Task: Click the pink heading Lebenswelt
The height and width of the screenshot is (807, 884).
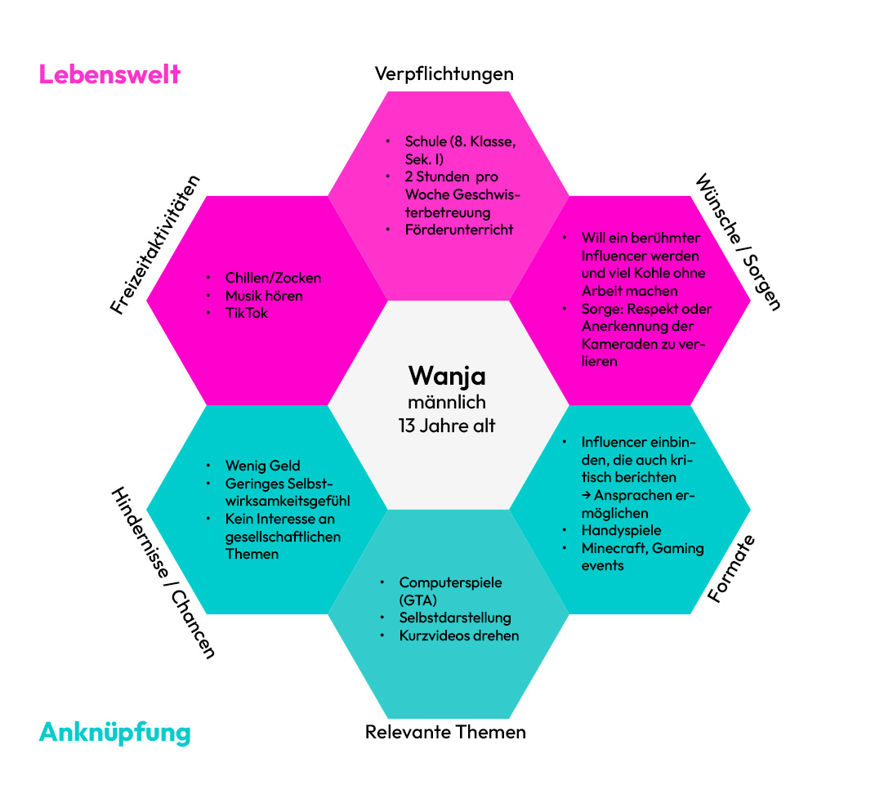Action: point(109,74)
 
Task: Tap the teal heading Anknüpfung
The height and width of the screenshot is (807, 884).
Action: point(114,732)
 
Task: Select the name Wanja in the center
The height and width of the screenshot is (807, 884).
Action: point(447,376)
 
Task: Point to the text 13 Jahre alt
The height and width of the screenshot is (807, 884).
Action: point(447,426)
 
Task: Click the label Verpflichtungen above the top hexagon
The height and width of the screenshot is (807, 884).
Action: point(444,74)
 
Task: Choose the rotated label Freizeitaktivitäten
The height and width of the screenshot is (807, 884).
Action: point(155,244)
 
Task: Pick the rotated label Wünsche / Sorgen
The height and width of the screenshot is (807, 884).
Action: point(739,242)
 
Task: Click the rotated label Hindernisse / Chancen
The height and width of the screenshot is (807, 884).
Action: point(163,574)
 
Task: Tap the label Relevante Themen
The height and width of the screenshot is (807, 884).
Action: point(445,732)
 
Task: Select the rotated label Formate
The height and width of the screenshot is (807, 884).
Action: point(730,568)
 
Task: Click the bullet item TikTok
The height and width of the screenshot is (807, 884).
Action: point(247,313)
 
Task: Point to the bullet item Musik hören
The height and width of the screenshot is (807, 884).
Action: point(264,296)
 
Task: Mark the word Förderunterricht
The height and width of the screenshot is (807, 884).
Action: point(459,230)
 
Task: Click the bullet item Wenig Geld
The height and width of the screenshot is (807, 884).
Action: point(263,466)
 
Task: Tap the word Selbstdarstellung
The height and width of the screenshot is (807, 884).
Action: point(454,618)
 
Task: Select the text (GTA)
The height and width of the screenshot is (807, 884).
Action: point(418,600)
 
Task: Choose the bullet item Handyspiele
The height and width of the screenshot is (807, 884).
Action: point(621,531)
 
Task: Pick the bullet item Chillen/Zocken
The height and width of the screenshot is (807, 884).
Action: point(273,278)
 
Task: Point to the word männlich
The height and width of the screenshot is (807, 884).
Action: point(447,402)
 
